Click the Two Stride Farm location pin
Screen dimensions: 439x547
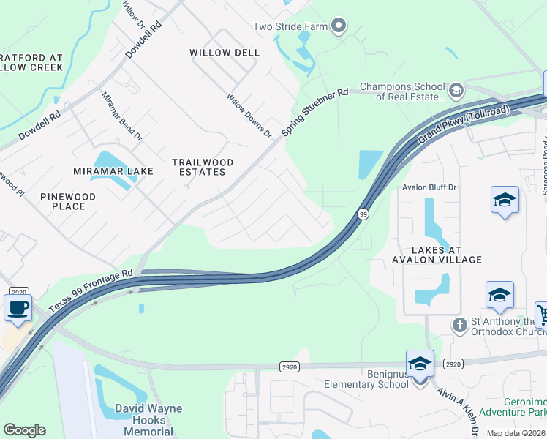tap(338, 27)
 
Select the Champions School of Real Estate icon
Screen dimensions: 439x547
tap(456, 91)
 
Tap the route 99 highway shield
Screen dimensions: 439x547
tap(363, 214)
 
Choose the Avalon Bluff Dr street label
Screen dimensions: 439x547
tap(429, 187)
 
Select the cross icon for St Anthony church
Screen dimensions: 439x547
tap(459, 324)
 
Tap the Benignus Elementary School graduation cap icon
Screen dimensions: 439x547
tap(420, 364)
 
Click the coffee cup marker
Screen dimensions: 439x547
tap(18, 307)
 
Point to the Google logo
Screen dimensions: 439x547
tap(24, 430)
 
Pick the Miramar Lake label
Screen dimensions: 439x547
tap(113, 171)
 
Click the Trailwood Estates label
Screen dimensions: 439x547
tap(203, 167)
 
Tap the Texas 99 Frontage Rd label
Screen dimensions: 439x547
tap(91, 290)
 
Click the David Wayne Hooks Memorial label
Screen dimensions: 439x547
tap(148, 419)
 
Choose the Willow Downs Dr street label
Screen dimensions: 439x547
tap(249, 116)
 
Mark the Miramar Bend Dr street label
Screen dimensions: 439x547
tap(121, 116)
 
